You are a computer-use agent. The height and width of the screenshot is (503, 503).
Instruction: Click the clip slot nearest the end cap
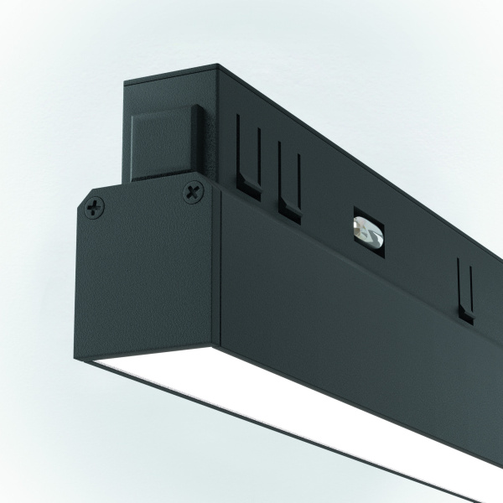point(248,155)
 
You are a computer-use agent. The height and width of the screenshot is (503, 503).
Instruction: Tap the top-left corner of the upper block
point(126,82)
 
